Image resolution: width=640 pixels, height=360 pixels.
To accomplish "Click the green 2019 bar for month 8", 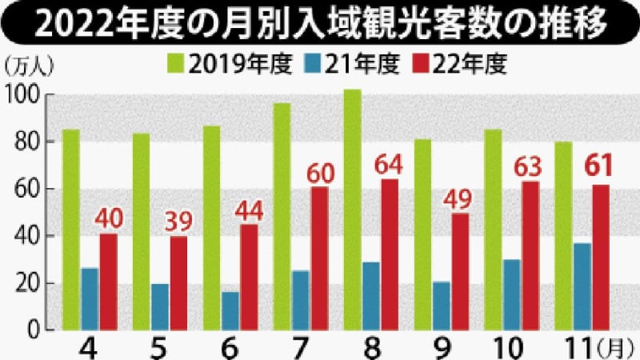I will click(353, 210).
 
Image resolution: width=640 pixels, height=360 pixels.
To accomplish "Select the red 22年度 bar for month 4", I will click(107, 282).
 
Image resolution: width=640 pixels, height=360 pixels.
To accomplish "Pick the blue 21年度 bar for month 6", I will click(230, 310).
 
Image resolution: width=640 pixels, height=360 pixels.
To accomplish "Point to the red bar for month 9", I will click(459, 271).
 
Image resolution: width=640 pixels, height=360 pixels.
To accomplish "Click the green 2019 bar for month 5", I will click(142, 231).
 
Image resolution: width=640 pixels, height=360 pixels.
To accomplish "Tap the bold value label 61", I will click(601, 170).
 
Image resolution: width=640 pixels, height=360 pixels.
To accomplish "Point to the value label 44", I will click(248, 210).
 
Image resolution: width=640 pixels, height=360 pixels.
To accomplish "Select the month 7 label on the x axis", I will click(301, 347).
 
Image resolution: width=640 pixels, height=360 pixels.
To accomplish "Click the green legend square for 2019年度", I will click(175, 63).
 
